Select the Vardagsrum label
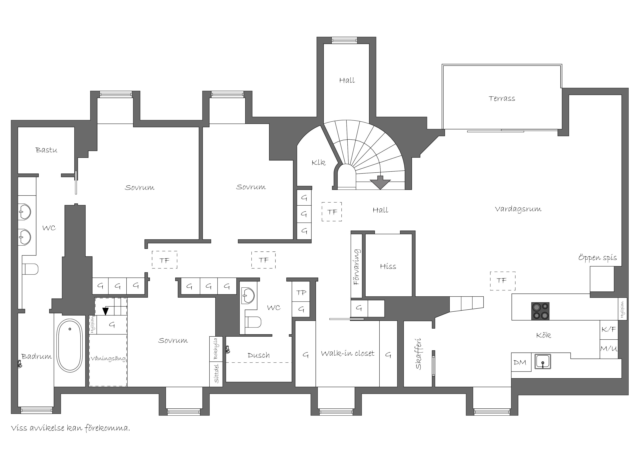coord(518,209)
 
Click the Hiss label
coord(388,266)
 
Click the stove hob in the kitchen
coord(540,311)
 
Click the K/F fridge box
coord(609,330)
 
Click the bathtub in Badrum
coord(70,346)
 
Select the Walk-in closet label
coord(348,353)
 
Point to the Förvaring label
coord(356,267)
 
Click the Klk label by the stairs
coord(318,162)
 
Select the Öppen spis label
coord(597,258)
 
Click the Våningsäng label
coord(108,359)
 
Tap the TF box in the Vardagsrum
coord(503,281)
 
